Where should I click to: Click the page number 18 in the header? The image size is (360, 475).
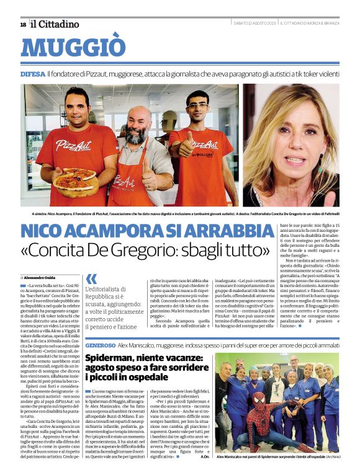pos(23,24)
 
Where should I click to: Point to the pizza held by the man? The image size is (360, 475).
pos(74,180)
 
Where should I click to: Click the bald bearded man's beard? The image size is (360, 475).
pos(135,135)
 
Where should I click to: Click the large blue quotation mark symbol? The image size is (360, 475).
pos(91,279)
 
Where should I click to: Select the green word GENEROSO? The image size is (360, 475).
pos(101,344)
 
